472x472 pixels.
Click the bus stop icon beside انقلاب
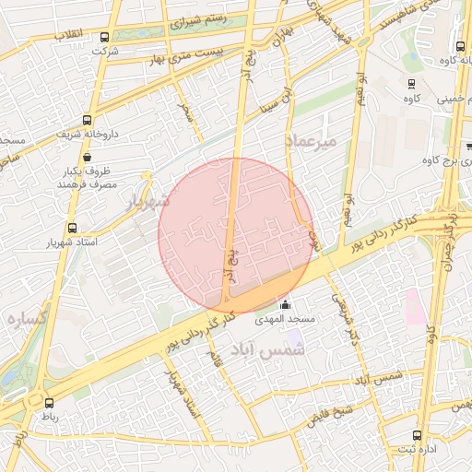point(103,37)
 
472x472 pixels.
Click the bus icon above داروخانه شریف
point(87,120)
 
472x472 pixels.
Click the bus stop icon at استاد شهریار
point(72,228)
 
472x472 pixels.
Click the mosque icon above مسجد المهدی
point(285,305)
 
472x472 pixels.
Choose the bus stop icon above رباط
point(49,403)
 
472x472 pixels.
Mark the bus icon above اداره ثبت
point(418,434)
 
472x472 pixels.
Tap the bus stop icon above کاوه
point(410,84)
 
